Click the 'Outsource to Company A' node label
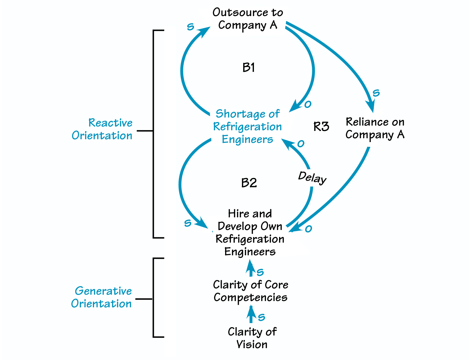click(x=248, y=19)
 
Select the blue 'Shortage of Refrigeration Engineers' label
click(x=247, y=126)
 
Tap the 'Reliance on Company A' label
click(x=375, y=128)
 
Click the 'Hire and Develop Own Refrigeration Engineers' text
click(x=250, y=233)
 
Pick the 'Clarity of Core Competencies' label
click(x=251, y=291)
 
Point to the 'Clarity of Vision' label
click(x=252, y=338)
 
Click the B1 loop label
click(x=249, y=68)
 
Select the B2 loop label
click(x=249, y=183)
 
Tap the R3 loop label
click(x=321, y=127)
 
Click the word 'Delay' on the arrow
click(x=312, y=177)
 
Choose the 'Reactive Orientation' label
click(x=102, y=129)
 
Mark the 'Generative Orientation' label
click(x=102, y=297)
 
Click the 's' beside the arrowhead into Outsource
click(x=190, y=27)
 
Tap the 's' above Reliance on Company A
click(x=376, y=93)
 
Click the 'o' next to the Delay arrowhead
click(x=301, y=144)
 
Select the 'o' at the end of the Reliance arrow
click(x=309, y=229)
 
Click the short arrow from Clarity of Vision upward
click(x=251, y=315)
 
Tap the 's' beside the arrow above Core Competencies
click(x=260, y=272)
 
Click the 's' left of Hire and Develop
click(x=188, y=223)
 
